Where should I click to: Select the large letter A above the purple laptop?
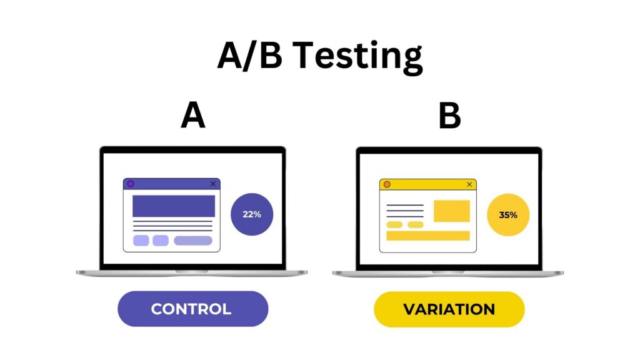click(x=193, y=116)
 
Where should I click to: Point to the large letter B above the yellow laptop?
click(x=449, y=116)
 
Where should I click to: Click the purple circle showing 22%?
click(x=252, y=214)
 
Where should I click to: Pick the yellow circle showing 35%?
click(x=508, y=215)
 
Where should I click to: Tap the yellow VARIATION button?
click(x=449, y=309)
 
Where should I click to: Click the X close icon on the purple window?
click(x=213, y=184)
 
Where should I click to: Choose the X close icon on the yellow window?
click(x=469, y=184)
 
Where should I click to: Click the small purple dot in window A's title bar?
click(x=131, y=184)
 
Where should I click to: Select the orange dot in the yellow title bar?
click(x=387, y=184)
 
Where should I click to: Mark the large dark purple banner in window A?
click(x=173, y=206)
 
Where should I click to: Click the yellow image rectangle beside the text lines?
click(x=451, y=211)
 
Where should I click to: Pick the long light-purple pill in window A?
click(x=193, y=241)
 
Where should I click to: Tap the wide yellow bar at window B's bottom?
click(x=427, y=236)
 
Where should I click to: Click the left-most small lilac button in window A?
click(x=141, y=241)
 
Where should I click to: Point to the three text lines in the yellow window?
click(x=405, y=211)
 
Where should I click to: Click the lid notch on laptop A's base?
click(x=192, y=271)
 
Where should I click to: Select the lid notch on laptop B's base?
click(x=448, y=271)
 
